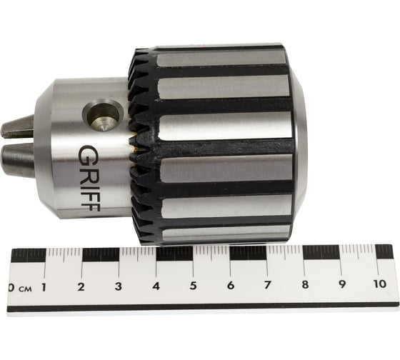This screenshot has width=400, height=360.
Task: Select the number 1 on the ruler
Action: coord(44,288)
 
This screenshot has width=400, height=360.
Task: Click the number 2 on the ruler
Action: coord(81,287)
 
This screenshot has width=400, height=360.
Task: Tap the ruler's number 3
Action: coord(118,286)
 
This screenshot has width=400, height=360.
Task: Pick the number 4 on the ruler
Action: coord(156,286)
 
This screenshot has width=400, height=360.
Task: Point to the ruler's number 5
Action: coord(193,286)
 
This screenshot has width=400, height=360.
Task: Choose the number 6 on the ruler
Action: coord(231,285)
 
